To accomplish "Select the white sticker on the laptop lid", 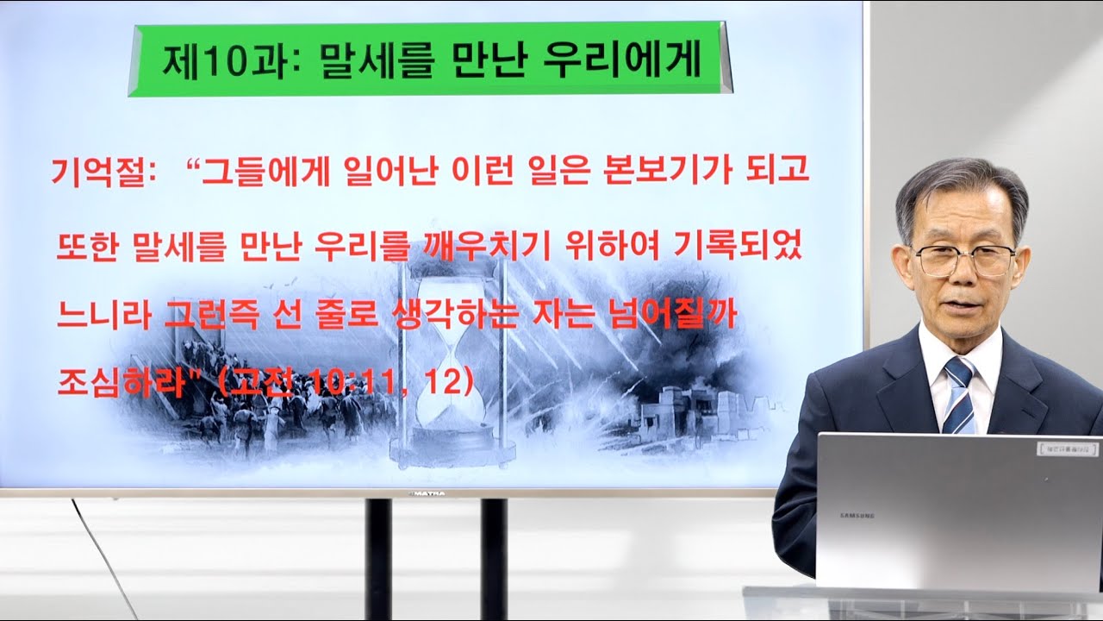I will (x=1063, y=448).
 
